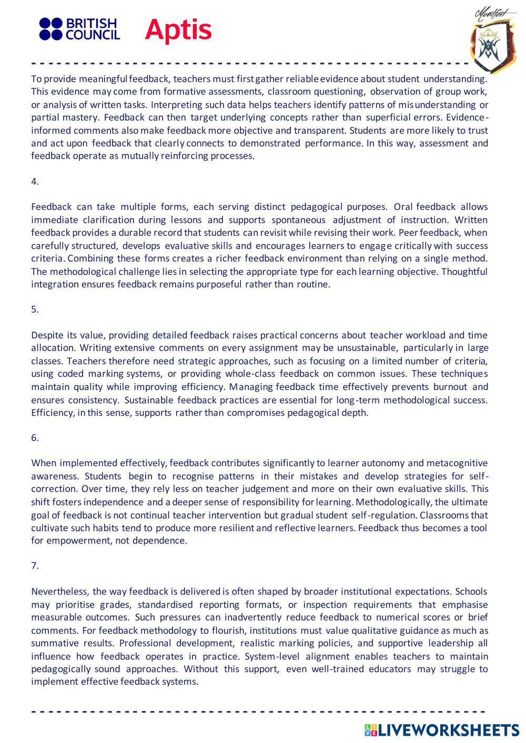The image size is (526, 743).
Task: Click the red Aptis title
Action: click(178, 29)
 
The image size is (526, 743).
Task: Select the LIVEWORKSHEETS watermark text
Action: click(449, 730)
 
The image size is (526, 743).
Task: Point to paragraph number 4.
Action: click(35, 181)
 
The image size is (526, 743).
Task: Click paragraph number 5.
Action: click(35, 309)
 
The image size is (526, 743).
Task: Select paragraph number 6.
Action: click(35, 438)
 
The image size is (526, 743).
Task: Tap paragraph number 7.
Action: click(35, 566)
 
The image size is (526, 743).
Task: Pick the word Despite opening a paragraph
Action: click(47, 335)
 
